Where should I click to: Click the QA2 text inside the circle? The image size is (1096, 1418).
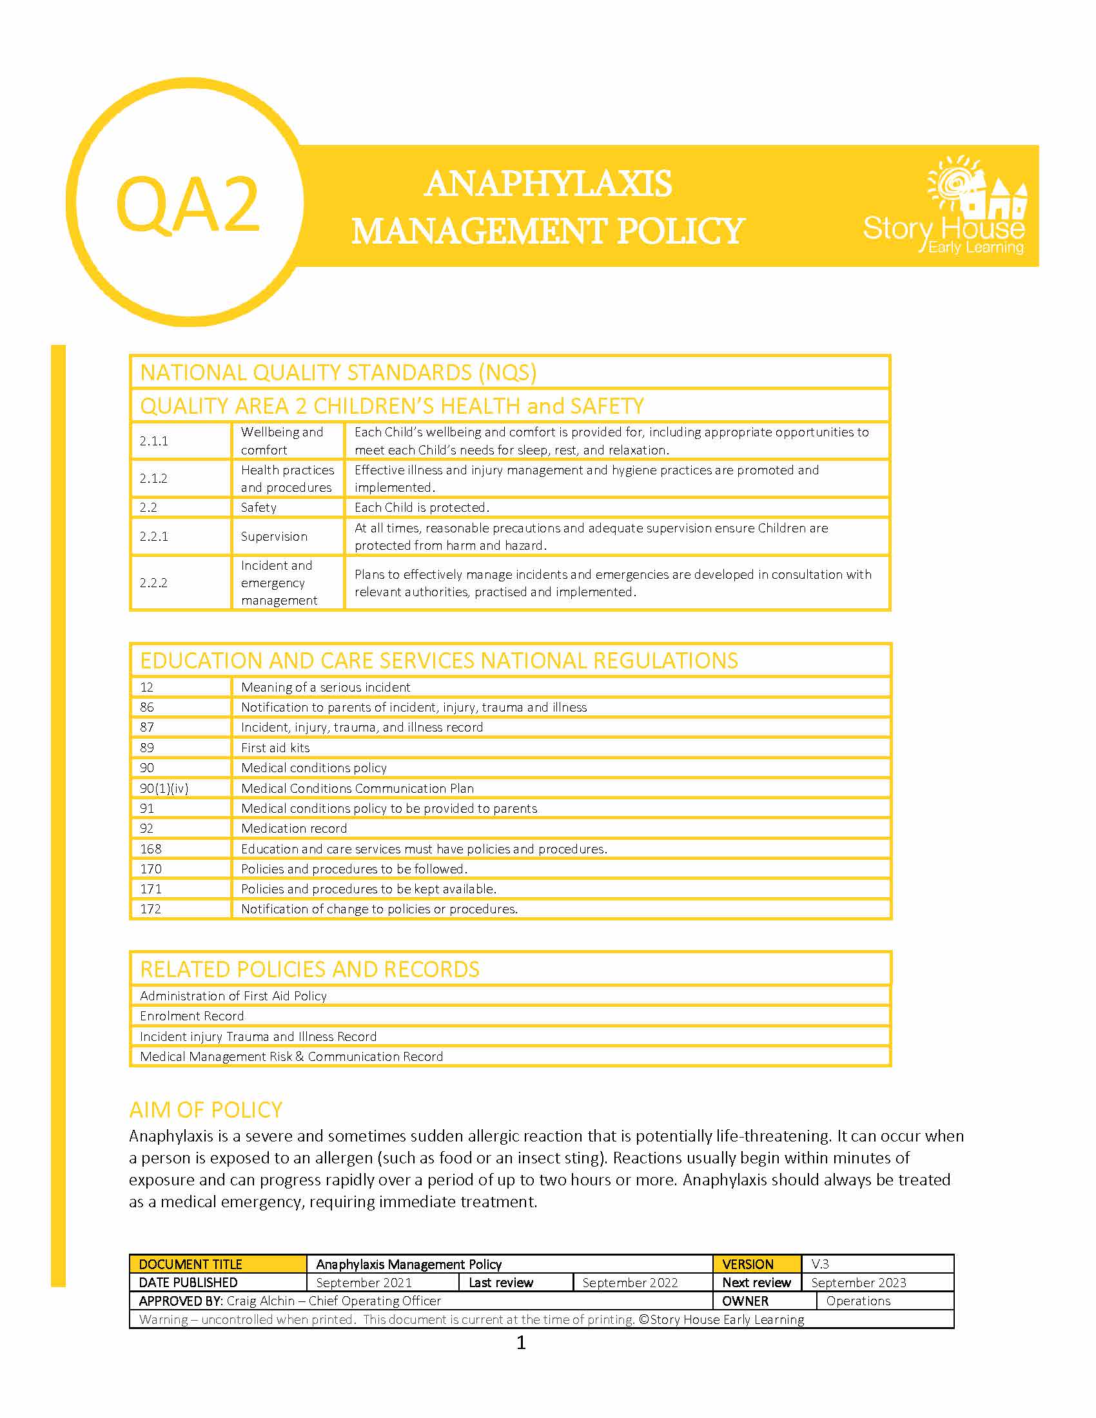[x=188, y=204]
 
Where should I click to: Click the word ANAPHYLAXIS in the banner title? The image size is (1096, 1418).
[x=548, y=183]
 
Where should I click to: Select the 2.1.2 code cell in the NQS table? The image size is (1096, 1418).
[x=154, y=478]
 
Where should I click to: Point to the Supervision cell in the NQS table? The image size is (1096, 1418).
[x=274, y=536]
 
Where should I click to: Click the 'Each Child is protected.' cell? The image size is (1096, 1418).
[x=422, y=507]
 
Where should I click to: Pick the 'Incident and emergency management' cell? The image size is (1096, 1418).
[x=280, y=583]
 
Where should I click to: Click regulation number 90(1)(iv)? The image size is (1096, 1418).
[x=164, y=788]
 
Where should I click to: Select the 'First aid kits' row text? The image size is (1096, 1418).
[x=275, y=748]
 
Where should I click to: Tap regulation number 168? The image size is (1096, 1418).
[x=151, y=849]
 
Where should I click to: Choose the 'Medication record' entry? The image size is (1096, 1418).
[x=294, y=828]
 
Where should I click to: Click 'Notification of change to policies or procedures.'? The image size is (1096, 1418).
[x=379, y=909]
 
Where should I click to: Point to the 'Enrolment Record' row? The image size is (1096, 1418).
[x=191, y=1016]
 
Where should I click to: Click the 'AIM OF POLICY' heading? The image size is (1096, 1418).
[x=206, y=1110]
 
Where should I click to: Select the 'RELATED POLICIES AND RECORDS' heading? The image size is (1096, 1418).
[x=309, y=969]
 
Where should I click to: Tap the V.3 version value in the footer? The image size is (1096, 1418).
[x=820, y=1264]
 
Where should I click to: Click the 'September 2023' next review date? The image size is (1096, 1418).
[x=858, y=1283]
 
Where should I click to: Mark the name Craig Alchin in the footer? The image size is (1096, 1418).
[x=260, y=1301]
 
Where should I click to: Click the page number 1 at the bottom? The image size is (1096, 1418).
[x=521, y=1342]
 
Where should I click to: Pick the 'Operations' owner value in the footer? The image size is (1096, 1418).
[x=857, y=1301]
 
